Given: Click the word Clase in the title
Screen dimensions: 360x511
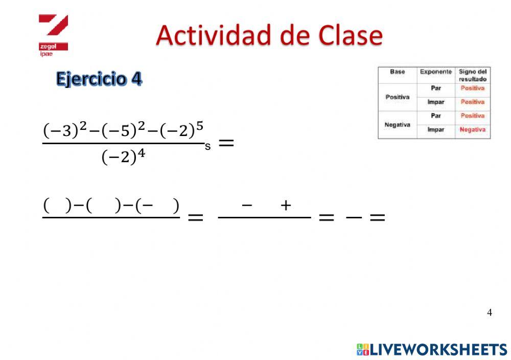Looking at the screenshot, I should tap(350, 35).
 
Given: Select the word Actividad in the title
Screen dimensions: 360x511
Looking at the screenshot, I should tap(215, 35).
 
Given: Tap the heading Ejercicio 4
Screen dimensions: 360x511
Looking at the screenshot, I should tap(99, 79).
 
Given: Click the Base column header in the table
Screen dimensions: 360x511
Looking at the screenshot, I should tap(397, 72).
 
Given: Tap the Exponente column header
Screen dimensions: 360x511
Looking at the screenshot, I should tap(435, 72).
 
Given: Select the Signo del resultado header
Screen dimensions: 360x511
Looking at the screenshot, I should tap(472, 75).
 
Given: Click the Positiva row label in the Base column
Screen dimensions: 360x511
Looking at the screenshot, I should tap(397, 97).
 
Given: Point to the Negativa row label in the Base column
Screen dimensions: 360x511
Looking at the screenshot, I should tap(397, 124).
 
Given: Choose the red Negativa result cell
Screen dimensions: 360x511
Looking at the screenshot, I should tap(472, 130).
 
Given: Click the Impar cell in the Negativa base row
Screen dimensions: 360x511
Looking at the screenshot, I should tap(435, 130).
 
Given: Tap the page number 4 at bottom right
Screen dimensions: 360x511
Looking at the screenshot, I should tap(490, 312).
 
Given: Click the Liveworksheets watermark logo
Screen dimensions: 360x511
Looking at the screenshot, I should tap(432, 349).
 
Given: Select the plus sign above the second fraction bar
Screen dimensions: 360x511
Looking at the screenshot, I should tap(286, 206).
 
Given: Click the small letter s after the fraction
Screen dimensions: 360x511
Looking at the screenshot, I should tap(207, 147).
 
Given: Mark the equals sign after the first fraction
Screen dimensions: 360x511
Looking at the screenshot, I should tap(226, 143).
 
